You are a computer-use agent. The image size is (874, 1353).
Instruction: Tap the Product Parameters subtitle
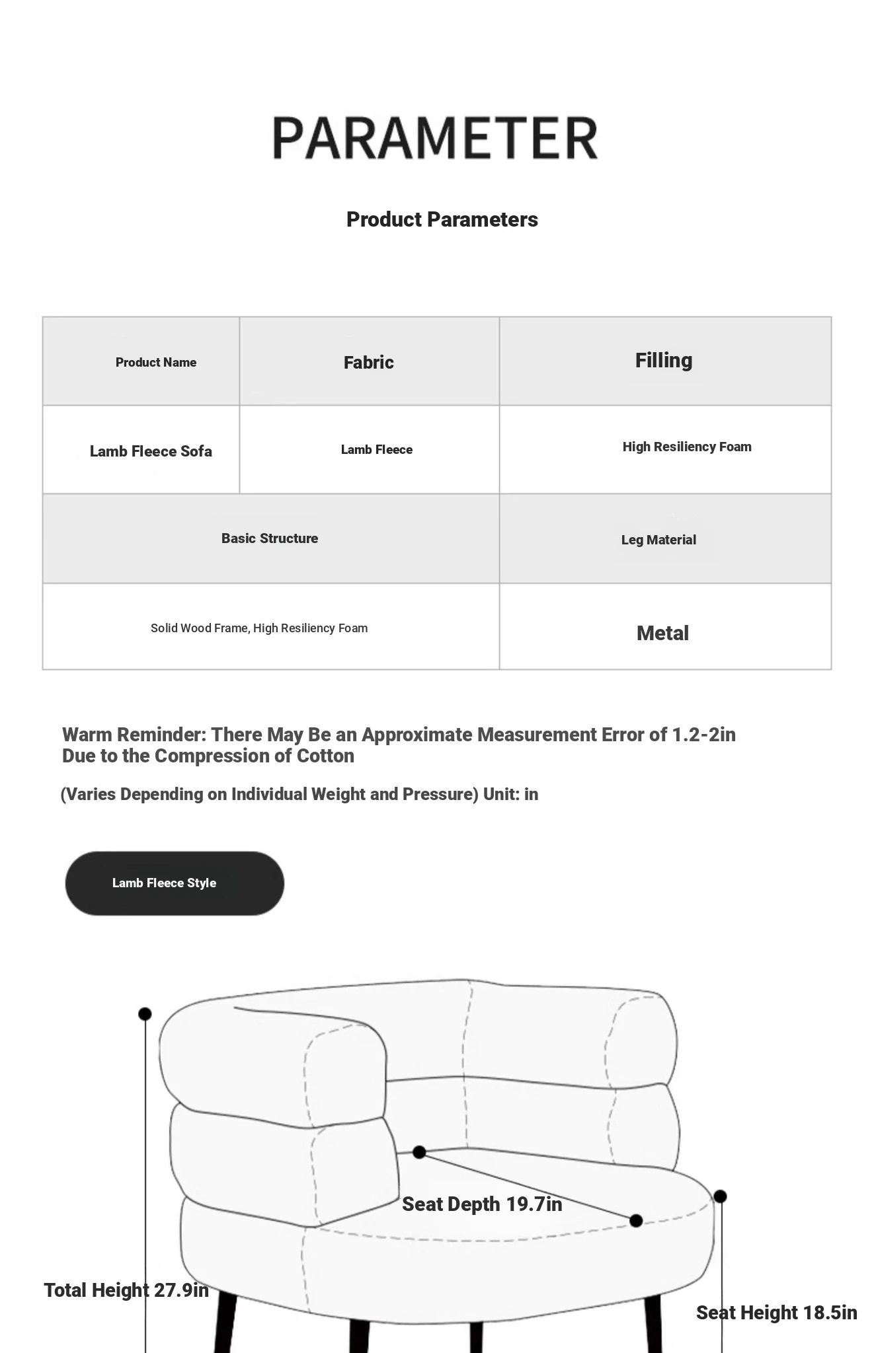[442, 219]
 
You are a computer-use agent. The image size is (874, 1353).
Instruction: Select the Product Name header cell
[155, 362]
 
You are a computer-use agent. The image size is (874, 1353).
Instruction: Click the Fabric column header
[368, 362]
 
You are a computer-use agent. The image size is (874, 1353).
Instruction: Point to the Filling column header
[663, 360]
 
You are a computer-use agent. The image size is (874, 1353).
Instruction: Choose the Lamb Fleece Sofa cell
[151, 451]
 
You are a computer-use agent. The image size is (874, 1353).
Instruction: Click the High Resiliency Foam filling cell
[686, 447]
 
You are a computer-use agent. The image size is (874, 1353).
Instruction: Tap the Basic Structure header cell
[269, 538]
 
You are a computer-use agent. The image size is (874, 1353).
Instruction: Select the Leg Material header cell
[658, 540]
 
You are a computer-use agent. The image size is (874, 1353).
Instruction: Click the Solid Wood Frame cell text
[258, 628]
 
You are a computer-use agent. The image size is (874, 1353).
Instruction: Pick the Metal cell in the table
[662, 633]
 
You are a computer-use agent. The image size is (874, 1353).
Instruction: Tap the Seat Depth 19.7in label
[481, 1204]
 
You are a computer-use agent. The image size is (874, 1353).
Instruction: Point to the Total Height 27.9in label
[126, 1290]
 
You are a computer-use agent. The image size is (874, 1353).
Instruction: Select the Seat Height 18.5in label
[776, 1312]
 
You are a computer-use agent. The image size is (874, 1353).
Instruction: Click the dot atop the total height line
[145, 1013]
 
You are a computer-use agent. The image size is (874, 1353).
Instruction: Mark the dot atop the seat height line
[721, 1196]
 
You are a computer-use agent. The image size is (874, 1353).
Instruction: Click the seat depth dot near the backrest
[418, 1152]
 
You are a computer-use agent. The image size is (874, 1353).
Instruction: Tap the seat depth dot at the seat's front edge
[636, 1220]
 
